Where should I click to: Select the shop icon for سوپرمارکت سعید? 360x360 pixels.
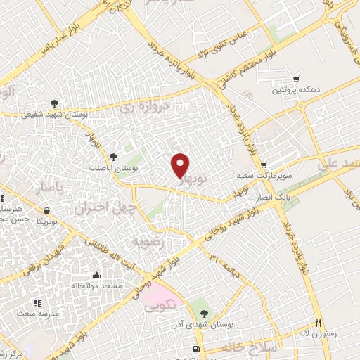coord(264,165)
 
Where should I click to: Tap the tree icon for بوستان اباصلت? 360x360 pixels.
coord(115,156)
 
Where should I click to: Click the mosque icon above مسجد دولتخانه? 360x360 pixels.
coord(96,276)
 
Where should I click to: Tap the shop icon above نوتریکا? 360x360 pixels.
coord(46,210)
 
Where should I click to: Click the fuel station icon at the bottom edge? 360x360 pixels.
coord(195,349)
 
